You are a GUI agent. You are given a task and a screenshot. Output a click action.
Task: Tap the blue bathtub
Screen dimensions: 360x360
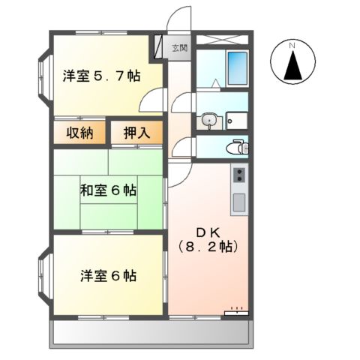click(237, 68)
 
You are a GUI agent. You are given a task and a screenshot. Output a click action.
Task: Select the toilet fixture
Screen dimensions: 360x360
click(238, 146)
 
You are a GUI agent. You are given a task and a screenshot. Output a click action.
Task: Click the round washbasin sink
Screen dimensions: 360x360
click(209, 119)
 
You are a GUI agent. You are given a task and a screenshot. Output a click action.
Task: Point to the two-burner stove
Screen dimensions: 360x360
click(238, 175)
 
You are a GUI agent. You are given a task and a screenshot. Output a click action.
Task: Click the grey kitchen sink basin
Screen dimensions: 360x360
click(238, 201)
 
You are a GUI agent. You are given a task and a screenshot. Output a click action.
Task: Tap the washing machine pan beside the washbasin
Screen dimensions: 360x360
click(238, 119)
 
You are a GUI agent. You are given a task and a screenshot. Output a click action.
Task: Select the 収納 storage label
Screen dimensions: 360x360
click(78, 133)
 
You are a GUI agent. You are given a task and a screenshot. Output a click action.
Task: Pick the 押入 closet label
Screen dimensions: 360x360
click(136, 133)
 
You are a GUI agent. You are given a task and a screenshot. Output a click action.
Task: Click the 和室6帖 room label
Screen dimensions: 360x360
click(108, 190)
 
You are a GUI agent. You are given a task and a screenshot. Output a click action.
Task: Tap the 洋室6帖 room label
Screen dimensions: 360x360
click(108, 275)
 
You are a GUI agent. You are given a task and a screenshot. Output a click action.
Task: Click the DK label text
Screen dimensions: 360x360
click(207, 231)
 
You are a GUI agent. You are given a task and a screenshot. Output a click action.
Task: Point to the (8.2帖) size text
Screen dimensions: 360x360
click(207, 246)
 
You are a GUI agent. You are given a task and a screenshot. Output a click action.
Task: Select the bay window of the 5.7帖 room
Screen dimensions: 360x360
click(42, 76)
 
